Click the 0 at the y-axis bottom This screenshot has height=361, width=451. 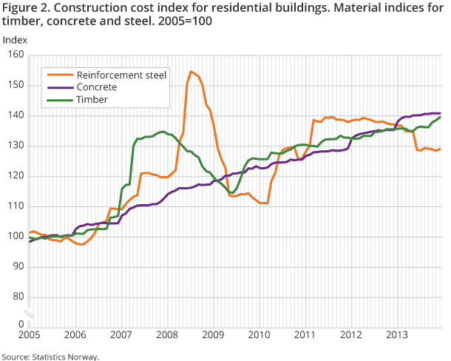click(21, 324)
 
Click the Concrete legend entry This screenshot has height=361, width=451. click(96, 87)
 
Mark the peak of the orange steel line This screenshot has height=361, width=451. click(191, 71)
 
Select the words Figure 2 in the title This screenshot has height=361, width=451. click(24, 7)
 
